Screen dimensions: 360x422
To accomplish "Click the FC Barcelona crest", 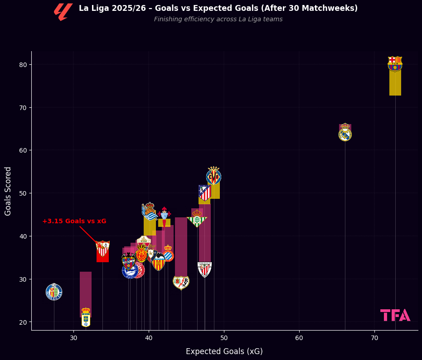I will click(x=395, y=64).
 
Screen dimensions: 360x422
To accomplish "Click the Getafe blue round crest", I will click(x=54, y=292).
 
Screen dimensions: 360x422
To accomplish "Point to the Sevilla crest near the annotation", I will click(x=103, y=249).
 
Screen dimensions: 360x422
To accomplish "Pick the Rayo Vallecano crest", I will click(x=181, y=282).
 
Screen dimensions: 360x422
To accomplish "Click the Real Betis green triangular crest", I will click(x=197, y=219).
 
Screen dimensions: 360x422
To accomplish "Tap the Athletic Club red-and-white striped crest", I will click(x=205, y=269).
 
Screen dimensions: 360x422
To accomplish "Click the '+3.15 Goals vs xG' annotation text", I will click(x=74, y=221).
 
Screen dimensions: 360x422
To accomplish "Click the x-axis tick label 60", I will click(x=299, y=338).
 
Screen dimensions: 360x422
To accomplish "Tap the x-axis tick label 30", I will click(x=73, y=338).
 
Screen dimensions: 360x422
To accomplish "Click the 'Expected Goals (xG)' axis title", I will click(x=224, y=351).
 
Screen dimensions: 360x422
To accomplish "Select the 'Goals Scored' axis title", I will click(x=8, y=191).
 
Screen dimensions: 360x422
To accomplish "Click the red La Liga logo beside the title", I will click(x=63, y=12).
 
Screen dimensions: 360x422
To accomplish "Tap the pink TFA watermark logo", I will click(x=395, y=315).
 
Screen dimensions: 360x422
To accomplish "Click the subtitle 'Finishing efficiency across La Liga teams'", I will click(x=218, y=19).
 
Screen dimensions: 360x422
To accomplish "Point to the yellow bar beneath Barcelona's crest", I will click(x=395, y=83).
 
